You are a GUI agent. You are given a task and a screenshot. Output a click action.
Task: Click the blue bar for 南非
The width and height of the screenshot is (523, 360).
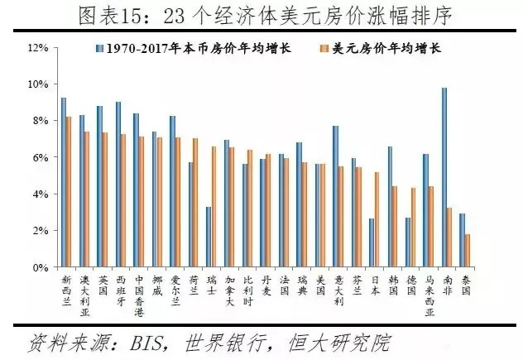tap(444, 177)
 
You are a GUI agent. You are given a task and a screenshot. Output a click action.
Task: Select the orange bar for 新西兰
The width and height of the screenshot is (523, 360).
tap(69, 192)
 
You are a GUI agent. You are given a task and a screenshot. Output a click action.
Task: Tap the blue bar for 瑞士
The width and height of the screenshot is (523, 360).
tap(209, 237)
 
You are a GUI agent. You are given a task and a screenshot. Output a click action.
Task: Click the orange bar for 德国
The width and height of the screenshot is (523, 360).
tap(413, 228)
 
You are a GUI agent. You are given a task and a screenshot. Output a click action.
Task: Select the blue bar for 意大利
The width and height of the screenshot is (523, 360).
tap(335, 196)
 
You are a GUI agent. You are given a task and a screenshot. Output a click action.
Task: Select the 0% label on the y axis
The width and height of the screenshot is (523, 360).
tap(39, 267)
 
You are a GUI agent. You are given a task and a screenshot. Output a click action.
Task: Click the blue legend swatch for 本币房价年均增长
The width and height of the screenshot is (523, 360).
tap(98, 48)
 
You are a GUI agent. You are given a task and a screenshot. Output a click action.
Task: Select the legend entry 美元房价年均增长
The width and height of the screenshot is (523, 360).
tap(388, 48)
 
